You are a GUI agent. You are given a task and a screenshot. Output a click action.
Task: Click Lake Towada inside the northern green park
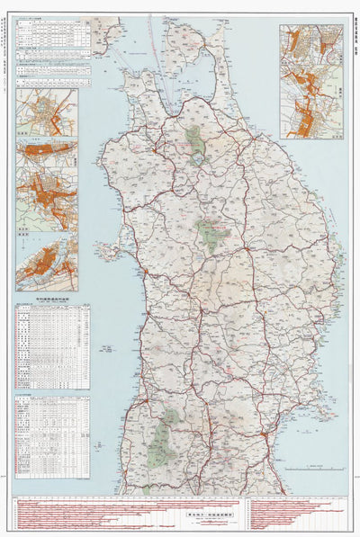point(192,138)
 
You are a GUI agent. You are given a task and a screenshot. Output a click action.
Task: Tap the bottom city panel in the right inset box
point(310,112)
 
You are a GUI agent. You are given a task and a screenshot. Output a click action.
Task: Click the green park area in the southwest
point(163,440)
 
